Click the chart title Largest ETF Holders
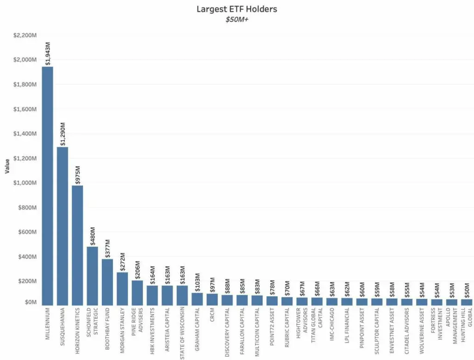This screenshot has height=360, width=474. point(237,9)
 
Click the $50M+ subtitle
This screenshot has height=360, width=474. point(237,19)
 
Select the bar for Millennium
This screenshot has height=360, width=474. point(48,186)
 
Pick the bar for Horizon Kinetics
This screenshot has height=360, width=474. point(77,245)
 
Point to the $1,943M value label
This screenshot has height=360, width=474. point(48,54)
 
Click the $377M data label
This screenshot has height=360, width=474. point(107,249)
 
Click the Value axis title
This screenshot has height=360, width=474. point(7,166)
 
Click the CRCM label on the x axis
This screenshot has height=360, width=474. point(212,316)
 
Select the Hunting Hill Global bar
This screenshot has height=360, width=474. point(467,302)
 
